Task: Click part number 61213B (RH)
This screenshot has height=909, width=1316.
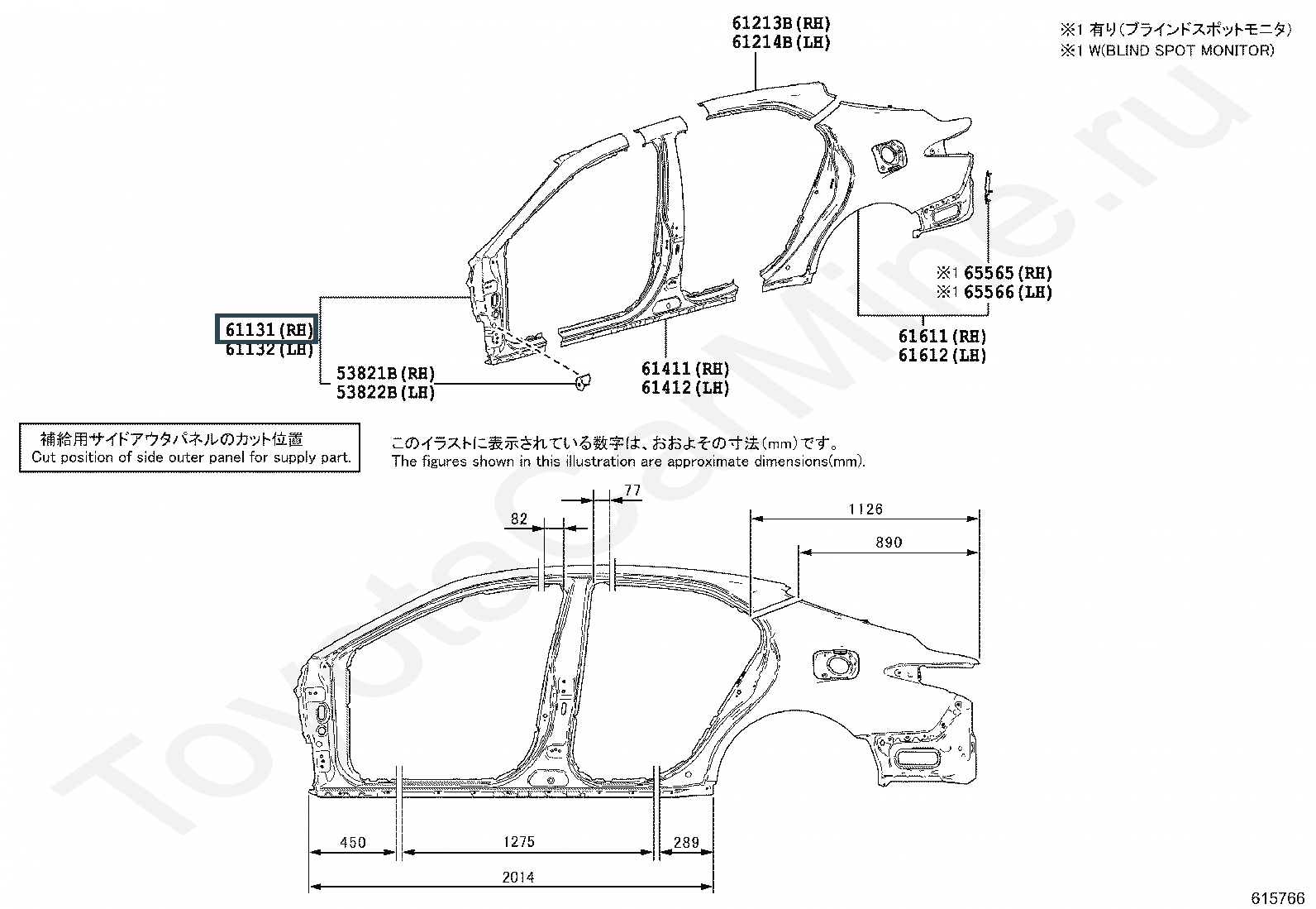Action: point(781,23)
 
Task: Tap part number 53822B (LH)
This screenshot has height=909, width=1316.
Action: point(385,392)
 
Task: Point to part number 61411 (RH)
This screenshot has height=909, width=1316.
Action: point(685,369)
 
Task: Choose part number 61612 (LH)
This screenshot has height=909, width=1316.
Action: point(942,355)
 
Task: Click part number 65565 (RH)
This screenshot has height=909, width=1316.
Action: point(1008,273)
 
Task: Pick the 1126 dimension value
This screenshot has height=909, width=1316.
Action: point(865,510)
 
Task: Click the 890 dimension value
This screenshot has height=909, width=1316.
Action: point(889,542)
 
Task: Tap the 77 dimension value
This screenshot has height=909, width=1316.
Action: point(632,490)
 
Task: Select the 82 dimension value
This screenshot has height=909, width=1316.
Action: point(519,519)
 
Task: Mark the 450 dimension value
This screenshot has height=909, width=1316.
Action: point(352,843)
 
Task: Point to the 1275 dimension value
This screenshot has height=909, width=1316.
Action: point(519,842)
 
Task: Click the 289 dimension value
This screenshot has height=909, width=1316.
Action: point(686,843)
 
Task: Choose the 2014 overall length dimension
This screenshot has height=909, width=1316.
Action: point(518,878)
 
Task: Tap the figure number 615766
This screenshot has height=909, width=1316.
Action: point(1277,898)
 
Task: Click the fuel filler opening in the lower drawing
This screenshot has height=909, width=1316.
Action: point(836,666)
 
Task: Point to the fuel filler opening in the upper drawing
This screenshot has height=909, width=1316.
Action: point(888,155)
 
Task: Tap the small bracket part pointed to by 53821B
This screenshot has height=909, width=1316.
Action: point(582,382)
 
